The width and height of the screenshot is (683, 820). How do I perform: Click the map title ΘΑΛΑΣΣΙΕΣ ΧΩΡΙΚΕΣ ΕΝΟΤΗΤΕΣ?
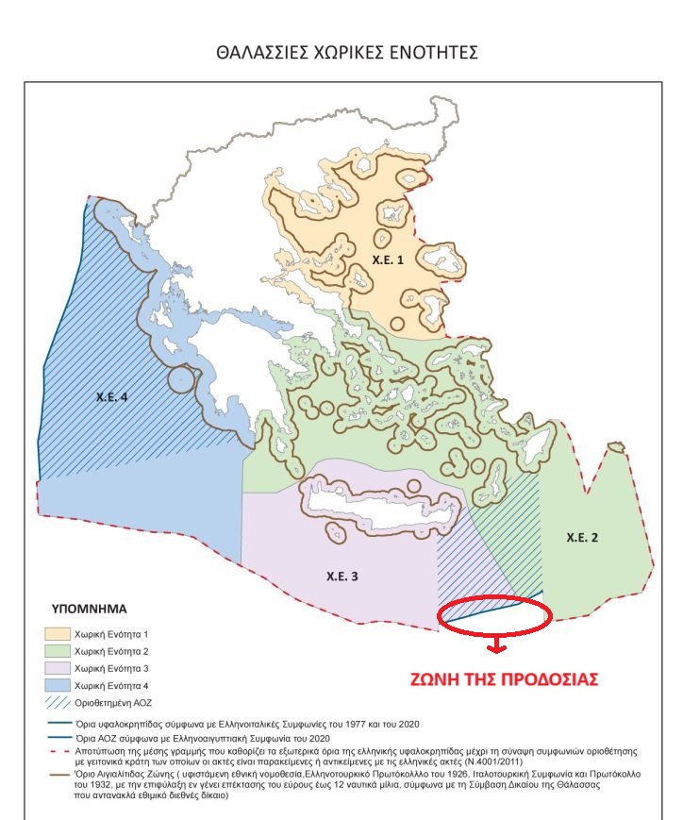[346, 53]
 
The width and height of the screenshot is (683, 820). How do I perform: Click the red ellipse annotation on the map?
[494, 614]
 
